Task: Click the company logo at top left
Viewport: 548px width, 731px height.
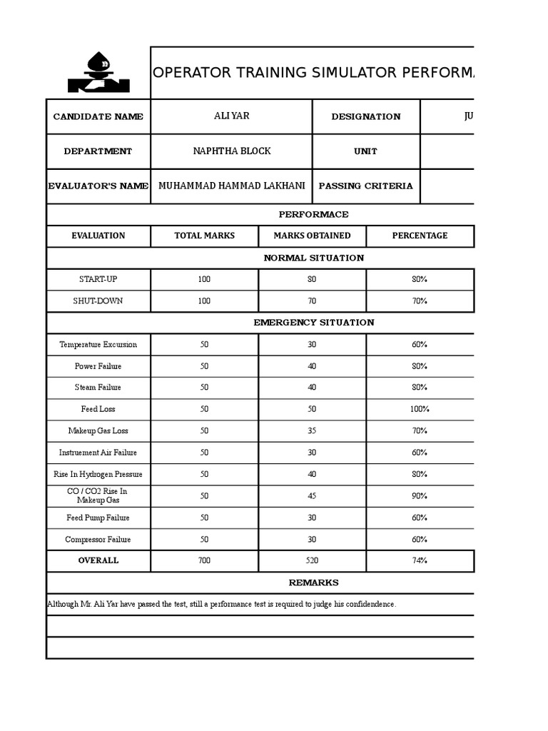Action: point(98,73)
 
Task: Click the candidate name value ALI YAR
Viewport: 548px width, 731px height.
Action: point(232,116)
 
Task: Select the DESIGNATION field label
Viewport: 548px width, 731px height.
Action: point(366,116)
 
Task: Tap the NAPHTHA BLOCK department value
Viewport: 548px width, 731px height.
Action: point(232,151)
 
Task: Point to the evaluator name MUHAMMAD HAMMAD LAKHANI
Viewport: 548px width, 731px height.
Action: point(232,186)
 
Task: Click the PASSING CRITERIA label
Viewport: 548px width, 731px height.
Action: point(366,186)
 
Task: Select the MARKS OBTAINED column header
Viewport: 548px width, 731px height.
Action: point(313,236)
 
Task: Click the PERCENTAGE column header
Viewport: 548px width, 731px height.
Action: point(420,236)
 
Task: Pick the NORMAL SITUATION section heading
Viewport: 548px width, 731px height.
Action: point(314,258)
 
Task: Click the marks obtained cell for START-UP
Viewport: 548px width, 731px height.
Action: point(313,280)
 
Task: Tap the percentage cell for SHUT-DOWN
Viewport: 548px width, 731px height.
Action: point(420,301)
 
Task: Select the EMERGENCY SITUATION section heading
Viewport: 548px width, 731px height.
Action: point(314,323)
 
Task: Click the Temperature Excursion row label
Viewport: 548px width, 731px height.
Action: point(98,345)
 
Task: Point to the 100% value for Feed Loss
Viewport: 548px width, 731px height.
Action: point(420,410)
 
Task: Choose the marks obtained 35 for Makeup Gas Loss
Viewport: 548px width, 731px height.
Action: point(313,431)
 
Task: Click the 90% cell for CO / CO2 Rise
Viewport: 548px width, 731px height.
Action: point(420,496)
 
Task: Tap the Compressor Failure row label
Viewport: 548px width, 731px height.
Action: point(98,540)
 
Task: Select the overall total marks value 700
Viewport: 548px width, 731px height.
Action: point(204,561)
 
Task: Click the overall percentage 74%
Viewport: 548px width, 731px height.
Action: point(420,561)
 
